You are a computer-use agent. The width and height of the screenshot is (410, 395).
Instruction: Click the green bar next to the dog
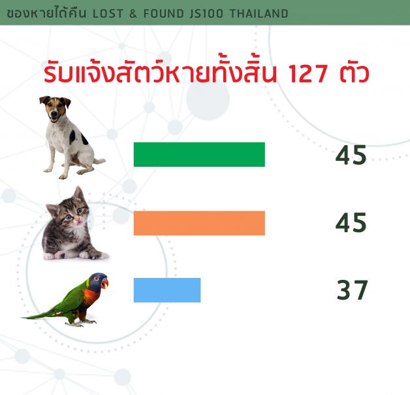[199, 154]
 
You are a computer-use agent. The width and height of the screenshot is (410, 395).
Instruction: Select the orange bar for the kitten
[199, 223]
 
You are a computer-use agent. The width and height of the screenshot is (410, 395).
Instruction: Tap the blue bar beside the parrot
[167, 290]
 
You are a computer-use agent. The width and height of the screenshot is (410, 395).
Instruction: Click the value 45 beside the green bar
[351, 155]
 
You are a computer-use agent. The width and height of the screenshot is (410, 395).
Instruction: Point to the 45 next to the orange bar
[351, 222]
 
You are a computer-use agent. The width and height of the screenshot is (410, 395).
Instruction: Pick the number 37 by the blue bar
[352, 290]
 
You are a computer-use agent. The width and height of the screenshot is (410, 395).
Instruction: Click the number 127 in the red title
[307, 73]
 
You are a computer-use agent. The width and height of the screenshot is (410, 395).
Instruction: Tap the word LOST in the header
[108, 14]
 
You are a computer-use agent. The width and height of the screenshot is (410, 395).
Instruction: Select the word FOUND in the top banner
[164, 14]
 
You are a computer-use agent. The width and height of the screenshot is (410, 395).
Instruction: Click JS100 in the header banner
[206, 14]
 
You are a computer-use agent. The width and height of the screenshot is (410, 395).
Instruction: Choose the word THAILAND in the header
[259, 14]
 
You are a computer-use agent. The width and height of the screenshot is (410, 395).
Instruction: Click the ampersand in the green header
[133, 14]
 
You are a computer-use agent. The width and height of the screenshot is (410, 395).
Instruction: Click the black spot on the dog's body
[84, 139]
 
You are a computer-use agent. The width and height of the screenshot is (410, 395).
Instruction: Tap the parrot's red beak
[104, 283]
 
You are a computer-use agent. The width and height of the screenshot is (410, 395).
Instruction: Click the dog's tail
[99, 160]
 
